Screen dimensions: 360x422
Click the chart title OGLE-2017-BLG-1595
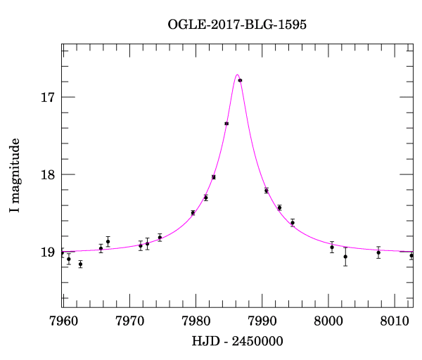[237, 25]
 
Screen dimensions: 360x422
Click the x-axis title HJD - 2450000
[237, 342]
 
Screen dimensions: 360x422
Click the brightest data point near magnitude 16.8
[240, 80]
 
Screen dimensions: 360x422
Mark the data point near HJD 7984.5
[226, 123]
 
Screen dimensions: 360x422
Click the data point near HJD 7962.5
[80, 264]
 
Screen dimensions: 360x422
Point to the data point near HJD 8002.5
[345, 256]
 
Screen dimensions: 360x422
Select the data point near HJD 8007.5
[378, 252]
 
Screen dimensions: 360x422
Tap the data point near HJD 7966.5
[108, 241]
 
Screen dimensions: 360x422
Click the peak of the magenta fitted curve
[237, 75]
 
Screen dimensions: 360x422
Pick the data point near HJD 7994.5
[293, 222]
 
